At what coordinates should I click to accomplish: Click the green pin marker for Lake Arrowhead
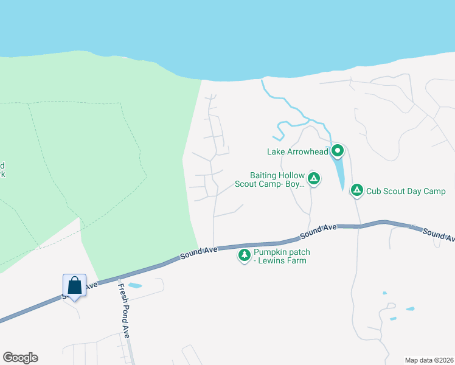point(338,151)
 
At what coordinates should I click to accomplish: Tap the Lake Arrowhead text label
point(297,151)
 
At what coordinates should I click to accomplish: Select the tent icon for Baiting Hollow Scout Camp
point(313,178)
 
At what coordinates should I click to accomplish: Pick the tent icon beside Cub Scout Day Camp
point(357,191)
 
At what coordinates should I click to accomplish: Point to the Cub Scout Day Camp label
point(406,191)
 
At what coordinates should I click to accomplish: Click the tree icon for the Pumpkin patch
point(245,255)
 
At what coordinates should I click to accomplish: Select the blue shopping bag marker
point(74,285)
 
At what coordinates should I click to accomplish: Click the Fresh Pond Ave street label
point(124,310)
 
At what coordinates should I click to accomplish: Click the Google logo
point(20,358)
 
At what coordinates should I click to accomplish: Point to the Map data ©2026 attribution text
point(429,360)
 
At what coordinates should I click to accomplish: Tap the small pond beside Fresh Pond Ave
point(134,285)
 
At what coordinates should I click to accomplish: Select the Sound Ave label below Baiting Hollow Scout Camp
point(319,231)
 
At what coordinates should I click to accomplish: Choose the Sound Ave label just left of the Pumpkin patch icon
point(199,252)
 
